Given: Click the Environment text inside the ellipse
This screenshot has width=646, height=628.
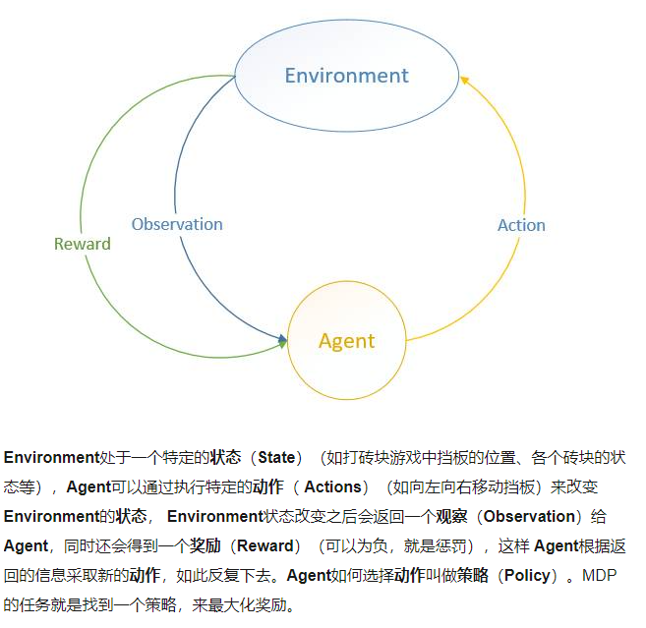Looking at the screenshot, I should pyautogui.click(x=346, y=76).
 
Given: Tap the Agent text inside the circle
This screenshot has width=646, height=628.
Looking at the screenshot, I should pyautogui.click(x=346, y=341).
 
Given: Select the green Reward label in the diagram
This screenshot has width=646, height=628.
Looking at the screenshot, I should pyautogui.click(x=83, y=244).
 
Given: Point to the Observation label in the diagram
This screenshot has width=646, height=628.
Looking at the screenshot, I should pyautogui.click(x=177, y=224).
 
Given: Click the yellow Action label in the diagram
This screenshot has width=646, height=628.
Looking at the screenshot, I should pyautogui.click(x=521, y=225).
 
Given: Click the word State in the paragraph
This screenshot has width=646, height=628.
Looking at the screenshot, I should pyautogui.click(x=276, y=458).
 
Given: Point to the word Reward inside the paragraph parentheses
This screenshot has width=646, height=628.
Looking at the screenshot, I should pyautogui.click(x=265, y=546).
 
